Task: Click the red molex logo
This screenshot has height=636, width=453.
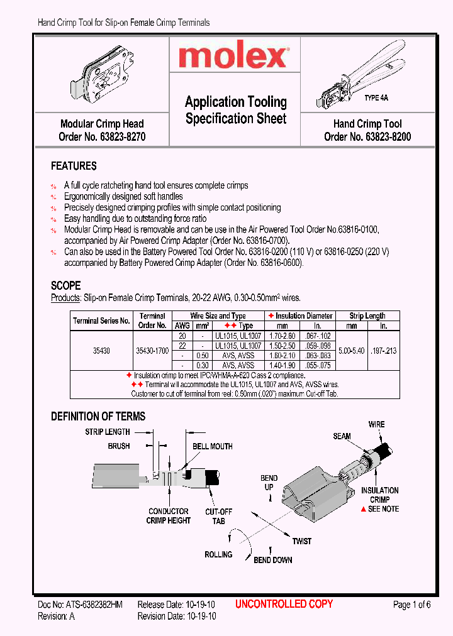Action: [x=233, y=58]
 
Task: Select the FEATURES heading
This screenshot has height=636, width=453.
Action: [x=74, y=167]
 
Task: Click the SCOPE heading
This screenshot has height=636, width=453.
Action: [x=65, y=285]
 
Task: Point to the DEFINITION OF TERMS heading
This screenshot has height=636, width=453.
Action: [x=98, y=416]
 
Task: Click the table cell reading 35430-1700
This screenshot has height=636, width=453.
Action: [x=152, y=351]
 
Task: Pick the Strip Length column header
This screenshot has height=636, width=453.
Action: [x=367, y=315]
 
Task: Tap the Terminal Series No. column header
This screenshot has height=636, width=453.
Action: [x=101, y=321]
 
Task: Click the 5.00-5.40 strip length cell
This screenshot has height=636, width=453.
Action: [x=352, y=351]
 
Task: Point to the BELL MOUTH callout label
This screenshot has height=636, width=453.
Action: [x=212, y=446]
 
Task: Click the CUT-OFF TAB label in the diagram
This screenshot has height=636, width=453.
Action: [x=218, y=517]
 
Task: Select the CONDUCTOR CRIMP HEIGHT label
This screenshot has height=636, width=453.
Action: [x=168, y=516]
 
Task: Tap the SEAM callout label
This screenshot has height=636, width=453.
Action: [x=342, y=436]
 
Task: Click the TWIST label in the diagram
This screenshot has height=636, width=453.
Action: [x=301, y=540]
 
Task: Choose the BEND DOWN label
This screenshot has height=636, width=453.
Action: [x=272, y=560]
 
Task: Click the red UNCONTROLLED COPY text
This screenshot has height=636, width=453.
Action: [x=284, y=604]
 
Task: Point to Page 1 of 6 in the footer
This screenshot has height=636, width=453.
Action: [x=411, y=605]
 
